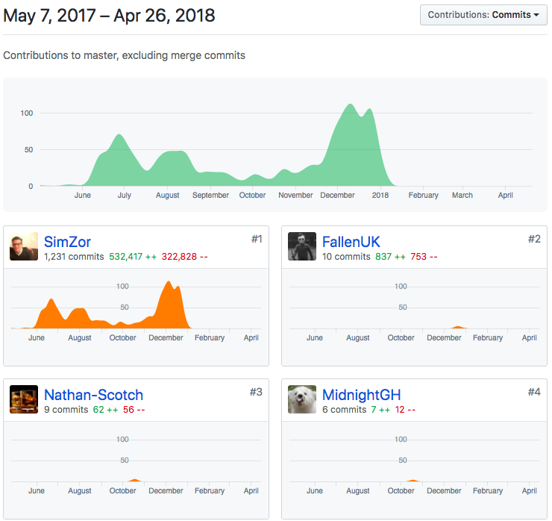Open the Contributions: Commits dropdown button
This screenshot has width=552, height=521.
click(x=483, y=15)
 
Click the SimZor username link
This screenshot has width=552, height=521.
click(x=67, y=242)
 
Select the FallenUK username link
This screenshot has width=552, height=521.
click(x=351, y=242)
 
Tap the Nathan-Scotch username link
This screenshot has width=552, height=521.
click(x=93, y=395)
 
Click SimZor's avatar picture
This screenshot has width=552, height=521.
click(x=24, y=247)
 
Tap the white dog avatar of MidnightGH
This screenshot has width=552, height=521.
click(x=302, y=400)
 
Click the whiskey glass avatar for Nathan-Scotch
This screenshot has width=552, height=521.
click(x=24, y=400)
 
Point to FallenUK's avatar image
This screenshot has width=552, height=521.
click(x=302, y=247)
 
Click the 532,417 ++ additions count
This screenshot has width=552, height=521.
click(x=133, y=257)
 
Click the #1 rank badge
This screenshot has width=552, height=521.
click(x=256, y=239)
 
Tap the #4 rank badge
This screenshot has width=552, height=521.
click(x=534, y=392)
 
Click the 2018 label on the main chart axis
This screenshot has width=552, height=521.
click(x=380, y=196)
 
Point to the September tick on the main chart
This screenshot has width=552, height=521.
click(x=210, y=196)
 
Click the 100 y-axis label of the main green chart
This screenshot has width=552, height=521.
click(x=27, y=113)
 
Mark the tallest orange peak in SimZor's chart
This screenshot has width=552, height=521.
click(x=169, y=283)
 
